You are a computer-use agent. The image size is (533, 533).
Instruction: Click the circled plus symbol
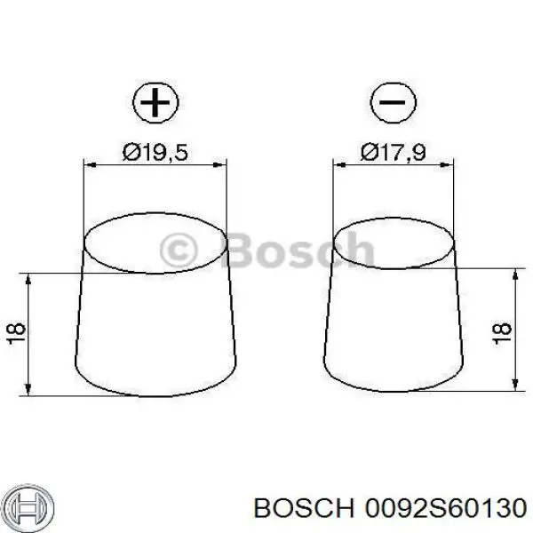point(155,101)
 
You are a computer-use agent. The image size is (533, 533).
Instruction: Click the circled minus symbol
point(393,101)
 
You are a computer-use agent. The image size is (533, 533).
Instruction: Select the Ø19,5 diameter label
point(155,152)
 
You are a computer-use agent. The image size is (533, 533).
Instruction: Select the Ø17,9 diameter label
point(393,152)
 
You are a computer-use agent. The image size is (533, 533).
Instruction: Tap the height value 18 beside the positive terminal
point(16,333)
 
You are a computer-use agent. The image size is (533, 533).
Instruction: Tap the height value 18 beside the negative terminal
point(503,333)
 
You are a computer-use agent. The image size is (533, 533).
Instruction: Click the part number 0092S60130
point(446,509)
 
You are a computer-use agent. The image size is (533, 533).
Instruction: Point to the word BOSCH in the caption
point(304,509)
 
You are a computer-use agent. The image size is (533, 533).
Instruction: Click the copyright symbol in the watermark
point(179,251)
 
